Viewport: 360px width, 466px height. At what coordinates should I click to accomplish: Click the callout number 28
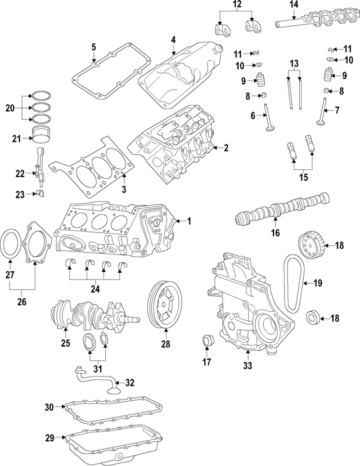point(165,343)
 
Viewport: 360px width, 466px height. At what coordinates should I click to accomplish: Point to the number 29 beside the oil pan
point(49,437)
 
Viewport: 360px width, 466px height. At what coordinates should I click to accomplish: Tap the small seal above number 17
point(207,341)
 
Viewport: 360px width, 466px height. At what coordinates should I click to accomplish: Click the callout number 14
point(294,6)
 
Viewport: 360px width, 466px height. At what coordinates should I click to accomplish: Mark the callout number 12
point(237,6)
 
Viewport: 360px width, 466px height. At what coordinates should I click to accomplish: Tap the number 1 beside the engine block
point(189,221)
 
